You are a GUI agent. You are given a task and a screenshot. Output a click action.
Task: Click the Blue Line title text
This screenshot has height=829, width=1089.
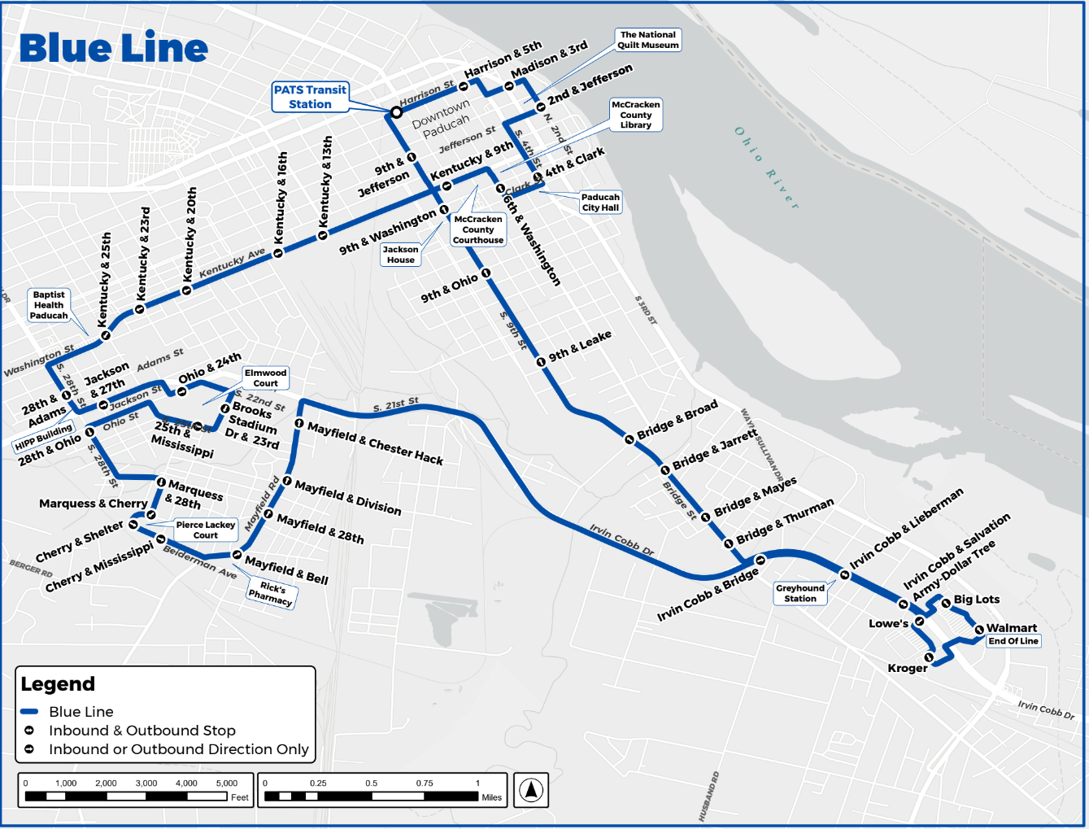pyautogui.click(x=113, y=48)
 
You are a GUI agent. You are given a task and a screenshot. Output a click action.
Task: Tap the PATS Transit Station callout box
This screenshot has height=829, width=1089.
pyautogui.click(x=310, y=97)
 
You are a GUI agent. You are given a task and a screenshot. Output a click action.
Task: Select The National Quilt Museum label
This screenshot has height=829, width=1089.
pyautogui.click(x=647, y=40)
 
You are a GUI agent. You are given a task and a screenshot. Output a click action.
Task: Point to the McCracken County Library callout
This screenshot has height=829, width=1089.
pyautogui.click(x=636, y=115)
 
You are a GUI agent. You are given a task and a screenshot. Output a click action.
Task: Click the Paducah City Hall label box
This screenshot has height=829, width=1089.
pyautogui.click(x=600, y=203)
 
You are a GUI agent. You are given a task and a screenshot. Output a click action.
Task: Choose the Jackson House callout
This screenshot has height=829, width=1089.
pyautogui.click(x=400, y=255)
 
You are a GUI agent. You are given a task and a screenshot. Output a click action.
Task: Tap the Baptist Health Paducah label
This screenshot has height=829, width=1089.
pyautogui.click(x=49, y=305)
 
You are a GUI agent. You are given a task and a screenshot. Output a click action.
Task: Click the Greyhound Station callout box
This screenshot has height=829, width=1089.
pyautogui.click(x=800, y=593)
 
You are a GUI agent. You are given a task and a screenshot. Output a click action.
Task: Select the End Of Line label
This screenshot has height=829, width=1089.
pyautogui.click(x=1013, y=641)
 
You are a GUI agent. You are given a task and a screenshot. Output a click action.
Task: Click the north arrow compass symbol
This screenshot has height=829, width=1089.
pyautogui.click(x=531, y=790)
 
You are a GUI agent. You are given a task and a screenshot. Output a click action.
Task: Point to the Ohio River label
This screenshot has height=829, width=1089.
pyautogui.click(x=766, y=168)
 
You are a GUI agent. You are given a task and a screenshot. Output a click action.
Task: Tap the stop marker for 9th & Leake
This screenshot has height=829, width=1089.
pyautogui.click(x=541, y=361)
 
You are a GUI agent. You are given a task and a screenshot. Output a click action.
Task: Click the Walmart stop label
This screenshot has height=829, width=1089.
pyautogui.click(x=1011, y=628)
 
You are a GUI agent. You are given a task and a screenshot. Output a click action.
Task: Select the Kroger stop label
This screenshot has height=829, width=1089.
pyautogui.click(x=907, y=668)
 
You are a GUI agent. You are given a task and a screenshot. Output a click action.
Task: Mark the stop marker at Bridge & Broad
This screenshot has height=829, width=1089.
pyautogui.click(x=629, y=439)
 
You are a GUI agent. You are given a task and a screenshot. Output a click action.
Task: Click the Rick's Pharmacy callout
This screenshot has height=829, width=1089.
pyautogui.click(x=271, y=593)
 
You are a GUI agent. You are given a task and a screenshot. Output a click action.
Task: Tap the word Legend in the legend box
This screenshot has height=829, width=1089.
pyautogui.click(x=58, y=684)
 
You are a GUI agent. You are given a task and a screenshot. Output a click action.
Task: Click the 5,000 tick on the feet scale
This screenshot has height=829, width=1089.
pyautogui.click(x=227, y=783)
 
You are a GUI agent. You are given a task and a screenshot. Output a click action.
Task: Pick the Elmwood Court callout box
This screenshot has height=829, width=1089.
pyautogui.click(x=265, y=377)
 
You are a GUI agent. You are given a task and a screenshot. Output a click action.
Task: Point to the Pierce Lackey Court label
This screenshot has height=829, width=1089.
pyautogui.click(x=205, y=530)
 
